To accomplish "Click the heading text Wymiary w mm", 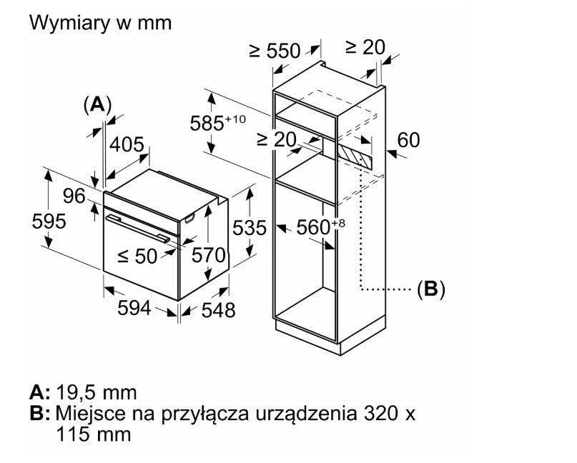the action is pyautogui.click(x=101, y=23).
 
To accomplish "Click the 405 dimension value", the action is pyautogui.click(x=127, y=144).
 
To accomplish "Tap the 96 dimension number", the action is pyautogui.click(x=74, y=196).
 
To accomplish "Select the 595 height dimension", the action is pyautogui.click(x=49, y=221).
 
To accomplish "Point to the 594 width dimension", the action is pyautogui.click(x=134, y=308).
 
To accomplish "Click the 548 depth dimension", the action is pyautogui.click(x=218, y=310).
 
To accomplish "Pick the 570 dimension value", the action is pyautogui.click(x=208, y=255).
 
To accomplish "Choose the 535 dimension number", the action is pyautogui.click(x=250, y=228).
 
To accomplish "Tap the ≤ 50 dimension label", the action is pyautogui.click(x=137, y=256).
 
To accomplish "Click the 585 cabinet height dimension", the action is pyautogui.click(x=217, y=122).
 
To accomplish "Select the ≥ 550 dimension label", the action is pyautogui.click(x=275, y=51).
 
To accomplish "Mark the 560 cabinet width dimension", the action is pyautogui.click(x=321, y=227).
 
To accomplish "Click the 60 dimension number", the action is pyautogui.click(x=408, y=140).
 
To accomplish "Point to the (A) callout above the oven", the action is pyautogui.click(x=97, y=105).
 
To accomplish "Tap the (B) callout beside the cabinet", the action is pyautogui.click(x=431, y=289).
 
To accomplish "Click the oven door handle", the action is pyautogui.click(x=137, y=229).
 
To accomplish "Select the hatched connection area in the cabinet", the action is pyautogui.click(x=355, y=156).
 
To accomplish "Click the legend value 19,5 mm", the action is pyautogui.click(x=97, y=393).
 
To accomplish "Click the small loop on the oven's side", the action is pyautogui.click(x=189, y=219).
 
